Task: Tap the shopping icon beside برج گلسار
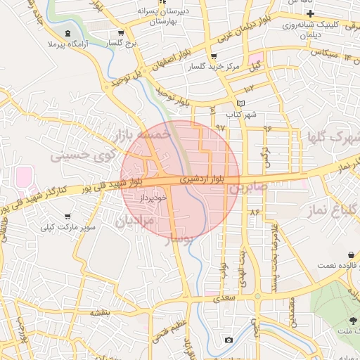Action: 121,33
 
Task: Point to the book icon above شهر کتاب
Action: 240,103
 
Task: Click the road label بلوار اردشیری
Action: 202,179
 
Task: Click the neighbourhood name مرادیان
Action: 133,222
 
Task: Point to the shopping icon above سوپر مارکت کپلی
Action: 67,216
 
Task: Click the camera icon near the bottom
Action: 229,340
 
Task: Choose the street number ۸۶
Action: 254,210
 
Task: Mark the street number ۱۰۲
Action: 250,89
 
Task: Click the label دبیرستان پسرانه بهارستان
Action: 174,15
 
